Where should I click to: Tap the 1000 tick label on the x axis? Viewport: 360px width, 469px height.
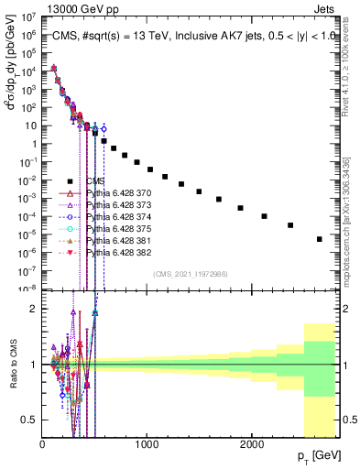tap(147, 442)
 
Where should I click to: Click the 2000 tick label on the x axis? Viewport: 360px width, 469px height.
tap(253, 442)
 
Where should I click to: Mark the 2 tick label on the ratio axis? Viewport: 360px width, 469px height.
tap(34, 310)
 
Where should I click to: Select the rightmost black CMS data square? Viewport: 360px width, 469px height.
tap(320, 239)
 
